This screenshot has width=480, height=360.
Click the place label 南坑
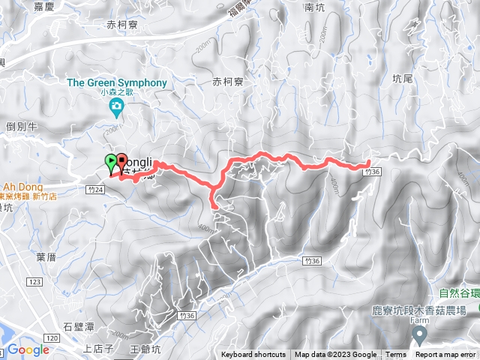[314, 7]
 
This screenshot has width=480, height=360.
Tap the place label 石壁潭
[79, 326]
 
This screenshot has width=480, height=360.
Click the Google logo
[28, 349]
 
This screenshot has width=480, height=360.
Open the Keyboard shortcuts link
[253, 355]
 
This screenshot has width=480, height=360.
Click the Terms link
[396, 355]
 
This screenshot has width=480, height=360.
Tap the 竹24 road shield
[94, 190]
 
